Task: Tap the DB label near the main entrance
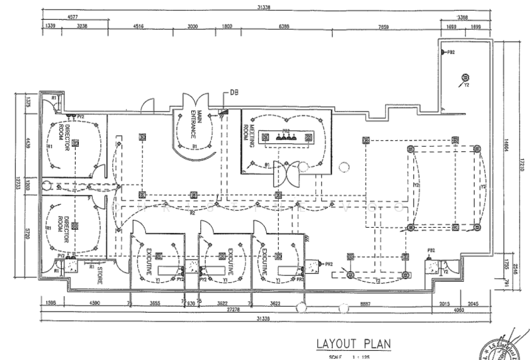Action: [234, 92]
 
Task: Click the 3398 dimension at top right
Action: [473, 17]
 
